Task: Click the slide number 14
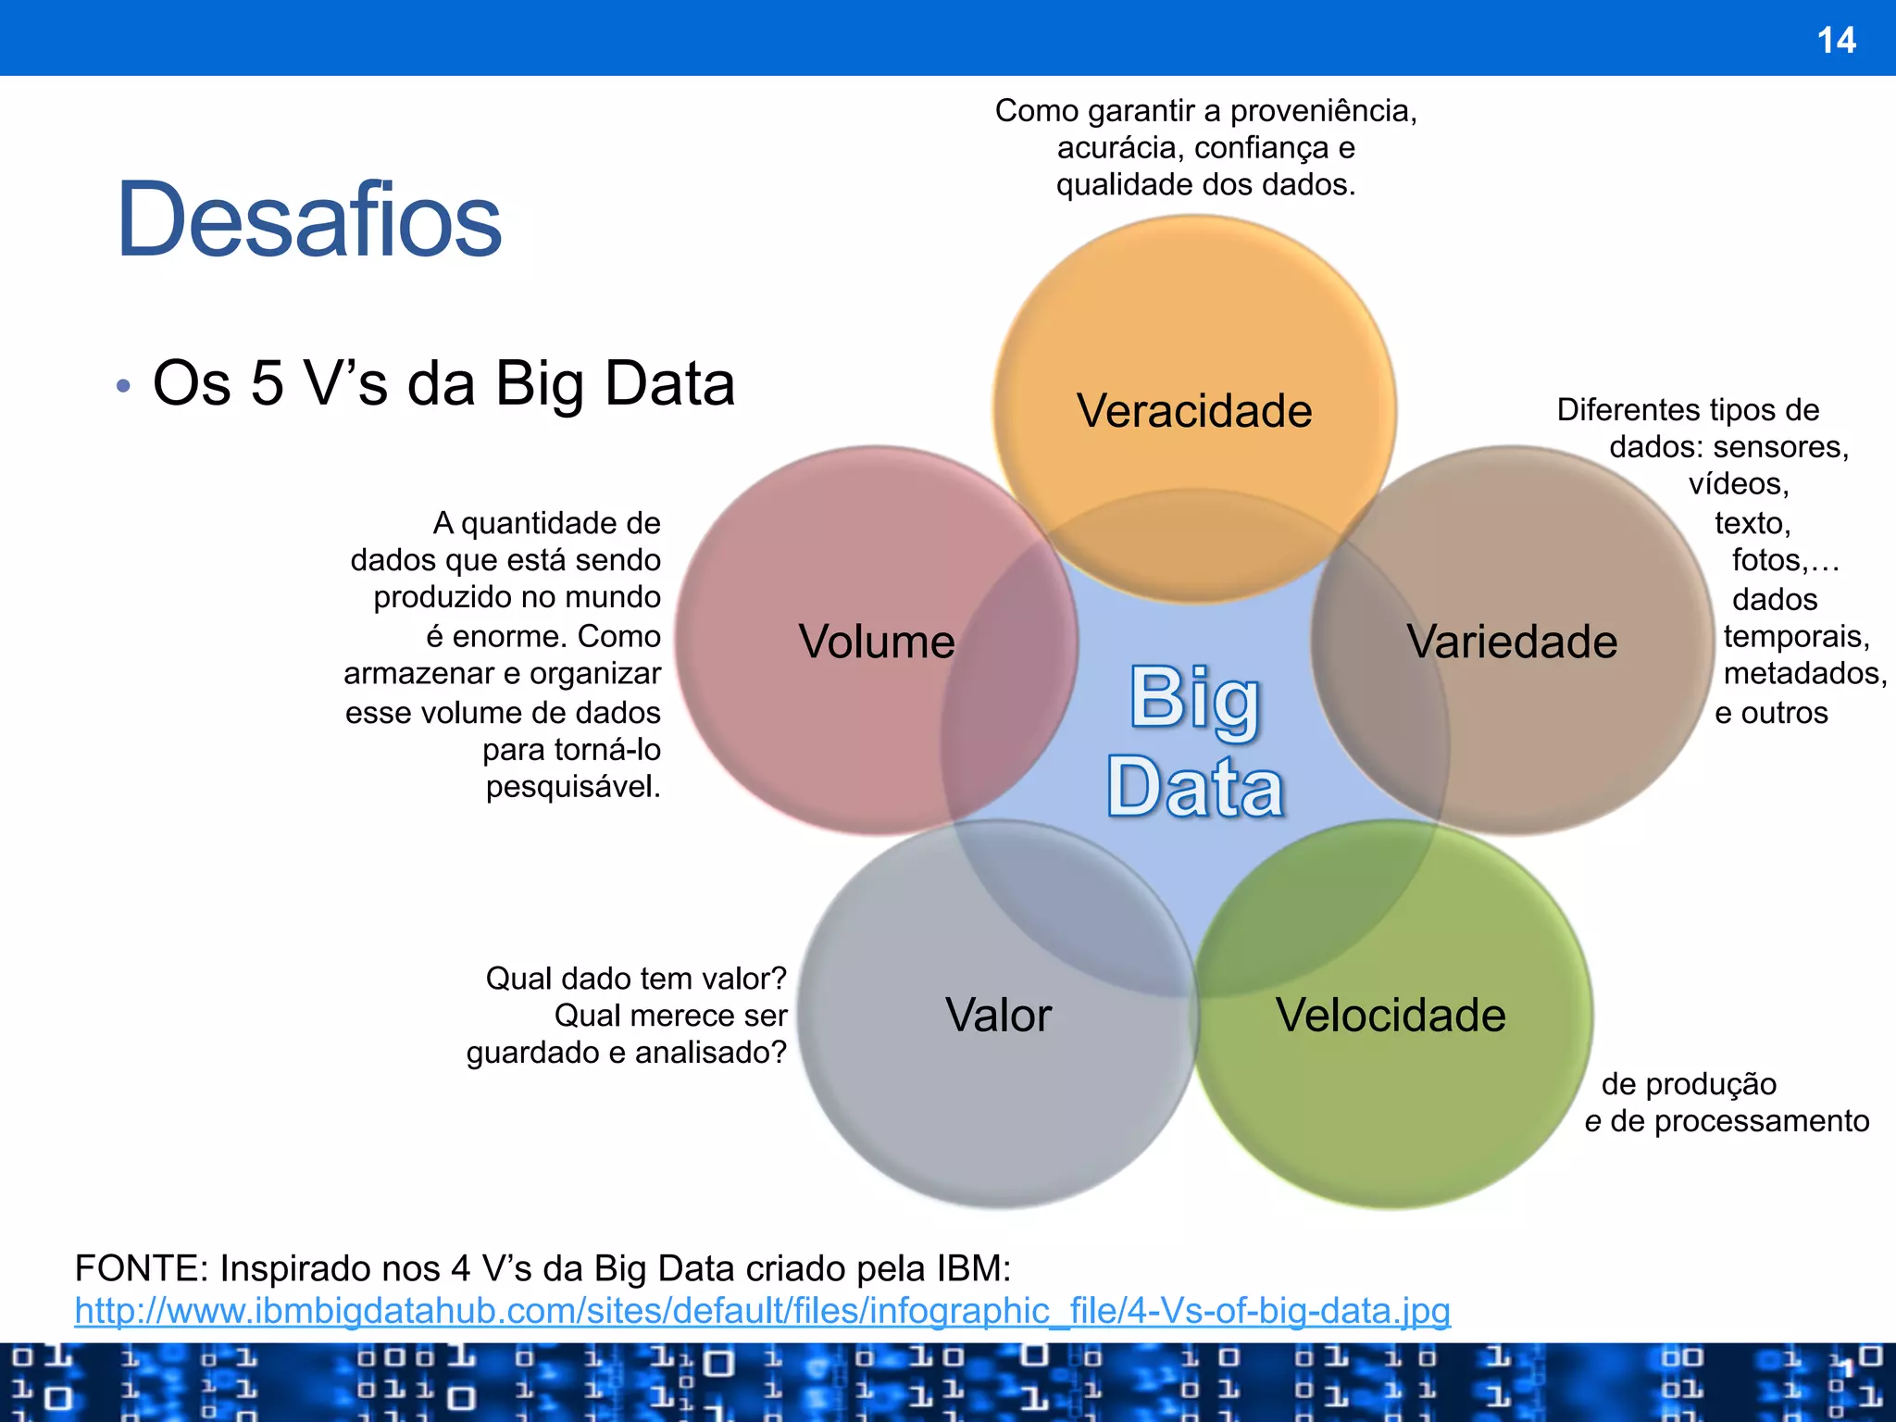click(1836, 40)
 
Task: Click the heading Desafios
click(308, 220)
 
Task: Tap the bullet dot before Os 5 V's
click(124, 385)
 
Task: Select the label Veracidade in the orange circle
click(1194, 410)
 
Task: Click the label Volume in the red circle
click(877, 641)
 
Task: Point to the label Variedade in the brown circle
click(1512, 641)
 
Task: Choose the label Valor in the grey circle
click(998, 1015)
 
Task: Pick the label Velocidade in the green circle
click(1391, 1015)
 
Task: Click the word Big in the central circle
click(1194, 699)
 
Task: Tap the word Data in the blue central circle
click(1194, 787)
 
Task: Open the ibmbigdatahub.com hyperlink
click(762, 1311)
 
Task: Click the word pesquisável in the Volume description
click(573, 787)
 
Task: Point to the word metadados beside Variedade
click(1804, 673)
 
